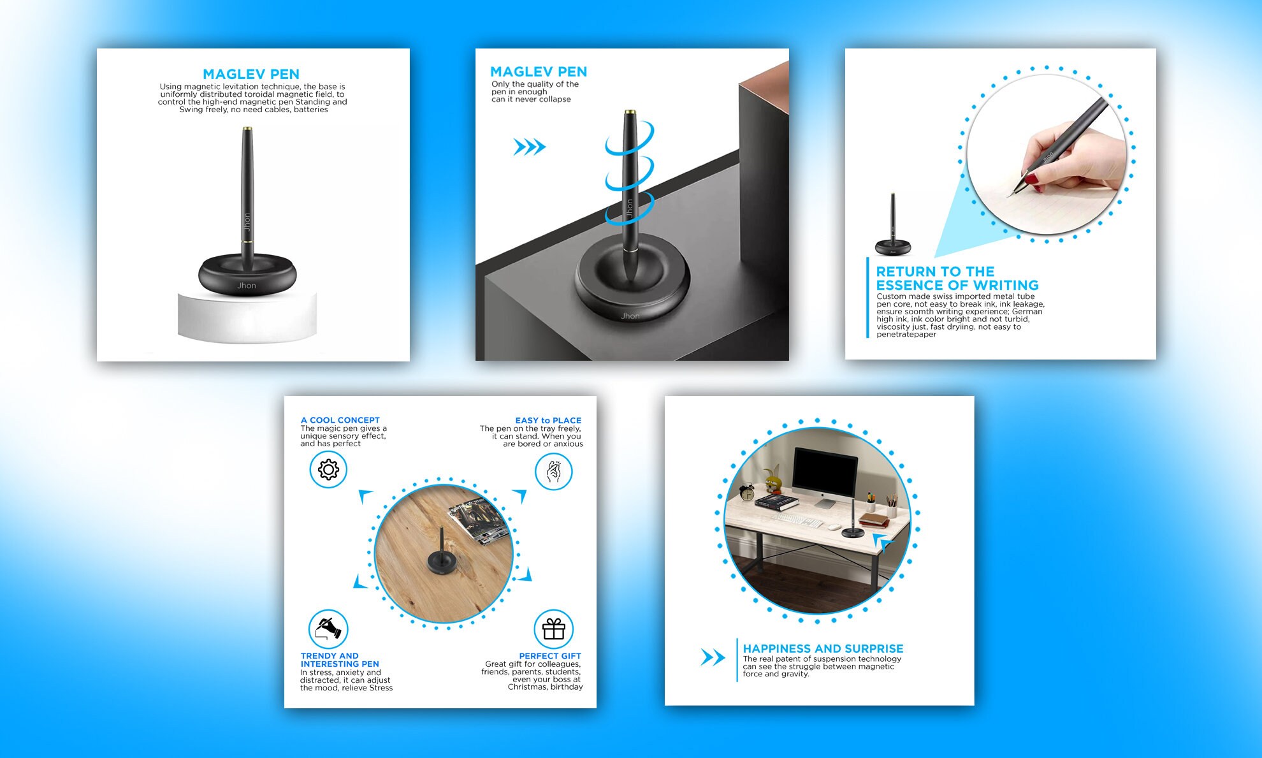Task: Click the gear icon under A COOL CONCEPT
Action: pos(328,470)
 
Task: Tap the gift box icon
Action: pos(553,629)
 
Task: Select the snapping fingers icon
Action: pos(553,472)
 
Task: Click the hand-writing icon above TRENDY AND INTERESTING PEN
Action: pos(328,629)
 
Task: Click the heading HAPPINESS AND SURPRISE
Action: pos(823,648)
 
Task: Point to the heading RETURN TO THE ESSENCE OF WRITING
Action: pos(957,279)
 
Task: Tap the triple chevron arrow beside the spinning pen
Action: pos(530,147)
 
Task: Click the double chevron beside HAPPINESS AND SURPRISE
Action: pos(713,657)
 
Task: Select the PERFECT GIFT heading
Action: pos(550,656)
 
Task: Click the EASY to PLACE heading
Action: pos(548,420)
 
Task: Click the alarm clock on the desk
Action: pos(747,492)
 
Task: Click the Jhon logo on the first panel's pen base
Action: pos(247,286)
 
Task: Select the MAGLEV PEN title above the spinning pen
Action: pos(539,72)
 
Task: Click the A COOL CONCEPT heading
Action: pos(340,420)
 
